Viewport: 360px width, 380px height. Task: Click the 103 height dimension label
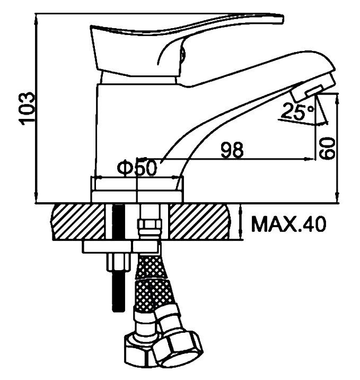pos(27,108)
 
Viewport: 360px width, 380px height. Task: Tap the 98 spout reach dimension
pos(232,150)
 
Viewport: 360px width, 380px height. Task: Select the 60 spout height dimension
pos(327,148)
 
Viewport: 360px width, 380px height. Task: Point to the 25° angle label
pos(297,111)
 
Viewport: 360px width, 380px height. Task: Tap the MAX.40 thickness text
pos(288,224)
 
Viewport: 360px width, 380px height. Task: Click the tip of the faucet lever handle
pos(282,20)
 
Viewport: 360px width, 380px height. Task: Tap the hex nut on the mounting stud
pos(118,263)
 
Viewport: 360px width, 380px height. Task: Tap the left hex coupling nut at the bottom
pos(138,349)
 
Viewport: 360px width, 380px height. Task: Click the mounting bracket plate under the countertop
pos(120,247)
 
